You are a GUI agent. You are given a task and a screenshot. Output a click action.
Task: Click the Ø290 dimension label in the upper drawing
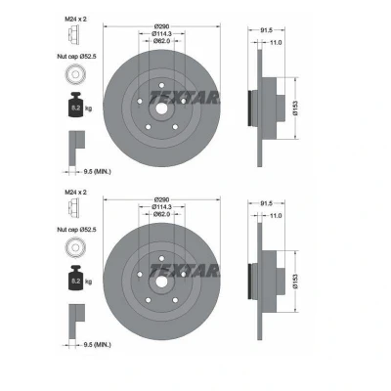click(x=161, y=26)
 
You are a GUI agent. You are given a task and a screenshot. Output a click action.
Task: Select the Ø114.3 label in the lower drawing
click(x=161, y=207)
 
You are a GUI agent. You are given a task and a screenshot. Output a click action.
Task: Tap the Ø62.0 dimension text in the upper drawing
click(x=161, y=41)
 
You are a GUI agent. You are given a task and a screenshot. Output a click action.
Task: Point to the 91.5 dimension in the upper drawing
click(x=266, y=30)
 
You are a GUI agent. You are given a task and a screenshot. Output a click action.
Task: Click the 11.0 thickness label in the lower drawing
click(x=276, y=216)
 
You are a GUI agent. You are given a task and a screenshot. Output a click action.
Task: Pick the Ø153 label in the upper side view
click(x=295, y=108)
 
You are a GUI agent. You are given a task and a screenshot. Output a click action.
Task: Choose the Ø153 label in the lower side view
click(x=295, y=282)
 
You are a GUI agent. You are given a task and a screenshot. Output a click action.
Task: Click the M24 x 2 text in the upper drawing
click(x=75, y=20)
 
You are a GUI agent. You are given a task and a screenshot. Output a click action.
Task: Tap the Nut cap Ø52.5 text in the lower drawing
click(x=77, y=230)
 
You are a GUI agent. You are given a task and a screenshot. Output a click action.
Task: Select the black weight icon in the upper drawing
click(x=75, y=105)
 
